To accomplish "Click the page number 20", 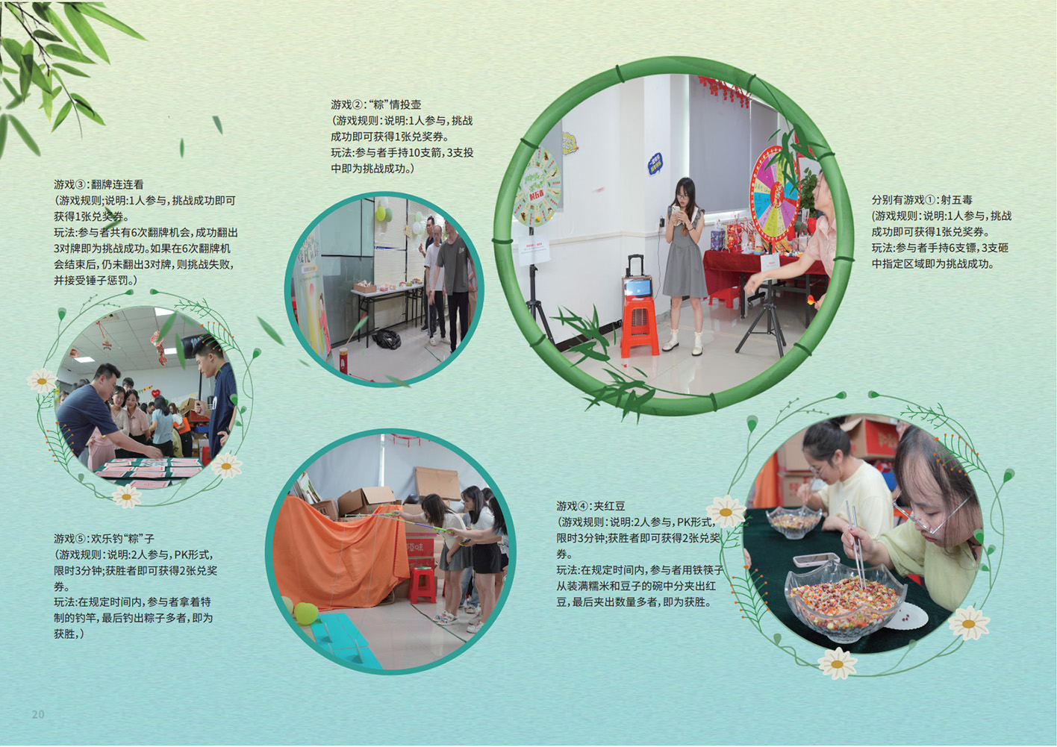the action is pyautogui.click(x=38, y=714).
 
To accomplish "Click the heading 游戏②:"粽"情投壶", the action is pyautogui.click(x=375, y=104).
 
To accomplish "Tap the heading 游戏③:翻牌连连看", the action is pyautogui.click(x=99, y=184).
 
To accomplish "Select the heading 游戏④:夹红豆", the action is pyautogui.click(x=590, y=506).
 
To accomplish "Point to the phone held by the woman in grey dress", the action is pyautogui.click(x=676, y=209).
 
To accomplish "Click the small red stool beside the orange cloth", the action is pyautogui.click(x=423, y=585).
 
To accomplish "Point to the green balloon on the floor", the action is pyautogui.click(x=306, y=613).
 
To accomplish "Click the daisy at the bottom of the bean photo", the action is pyautogui.click(x=837, y=663).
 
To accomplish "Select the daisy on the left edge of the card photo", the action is pyautogui.click(x=42, y=381).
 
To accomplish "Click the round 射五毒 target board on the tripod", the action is pyautogui.click(x=537, y=187).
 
